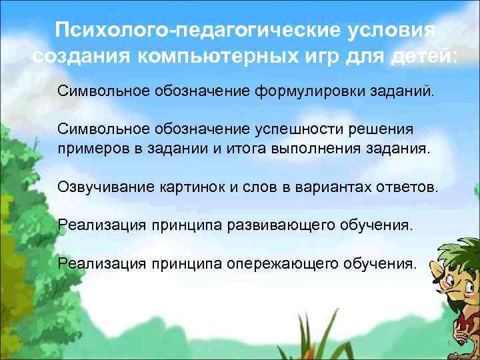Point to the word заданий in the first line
tap(403, 90)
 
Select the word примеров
tap(93, 147)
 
